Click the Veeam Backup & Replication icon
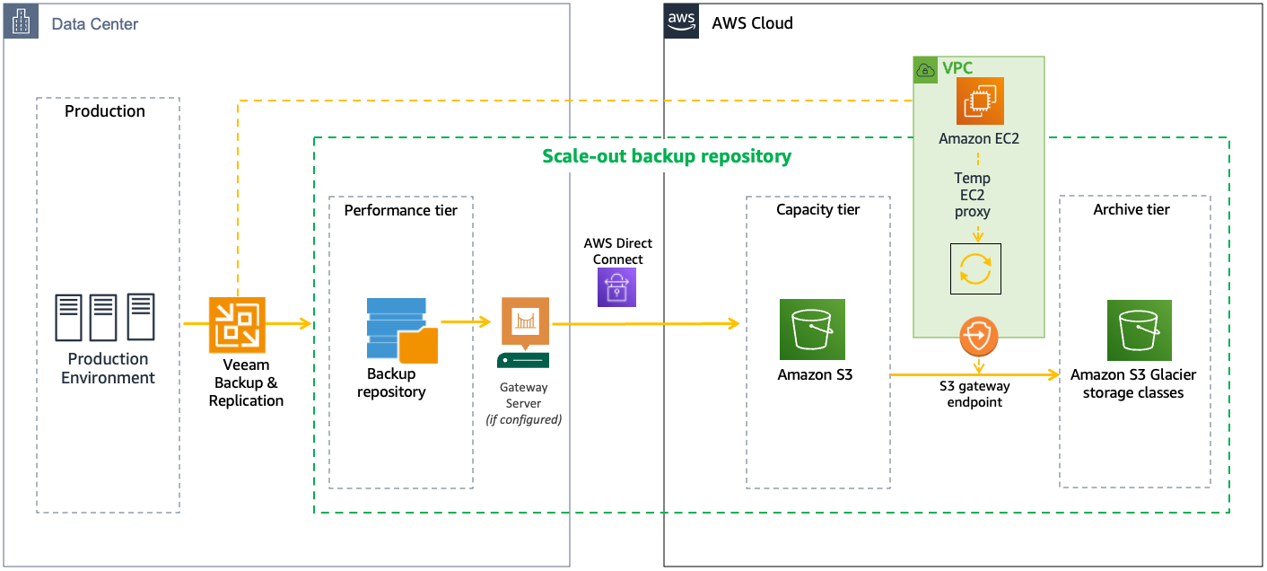pos(237,324)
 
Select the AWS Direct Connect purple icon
pos(616,288)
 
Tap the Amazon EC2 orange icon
pos(979,101)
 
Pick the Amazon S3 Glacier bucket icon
pos(1132,329)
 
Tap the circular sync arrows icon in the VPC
pos(975,268)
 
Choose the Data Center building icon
pos(22,22)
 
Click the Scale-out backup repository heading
pos(667,156)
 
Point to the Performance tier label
pos(400,210)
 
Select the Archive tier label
pos(1131,209)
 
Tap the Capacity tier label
pos(817,209)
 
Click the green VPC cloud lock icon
pos(925,70)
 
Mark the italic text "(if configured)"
pos(523,419)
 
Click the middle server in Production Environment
pos(103,317)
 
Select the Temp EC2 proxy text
pos(973,195)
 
